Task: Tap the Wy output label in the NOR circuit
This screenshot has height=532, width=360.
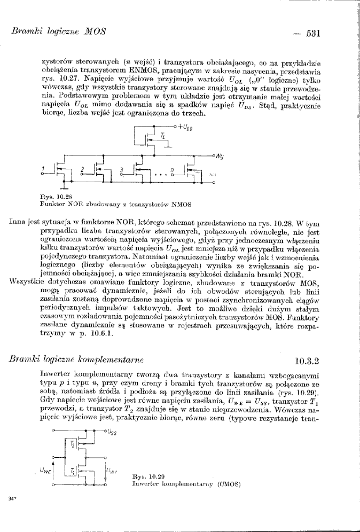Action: [220, 157]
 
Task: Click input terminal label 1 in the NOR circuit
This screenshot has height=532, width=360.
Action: [44, 170]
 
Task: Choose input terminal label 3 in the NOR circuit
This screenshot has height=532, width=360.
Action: [121, 170]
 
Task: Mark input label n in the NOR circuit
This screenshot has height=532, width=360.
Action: [171, 169]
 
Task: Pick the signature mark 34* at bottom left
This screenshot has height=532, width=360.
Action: [12, 499]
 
